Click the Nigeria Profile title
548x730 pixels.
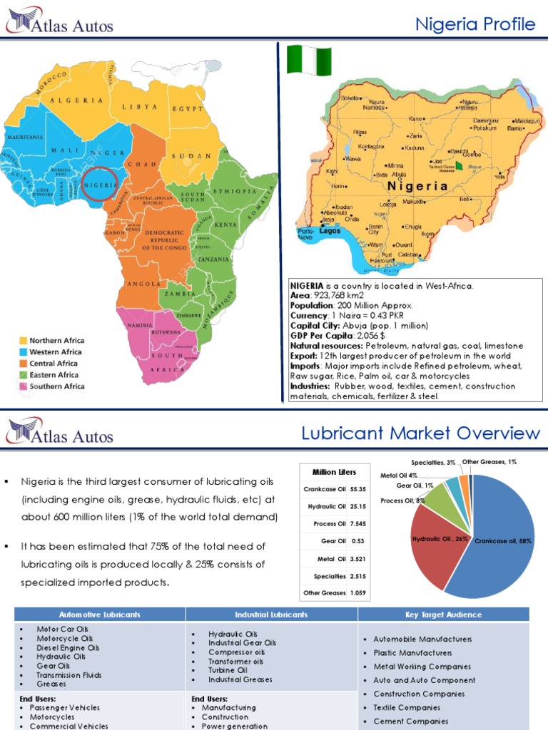tap(475, 25)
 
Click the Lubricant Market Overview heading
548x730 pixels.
tap(420, 433)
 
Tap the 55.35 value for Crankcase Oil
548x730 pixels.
tap(357, 490)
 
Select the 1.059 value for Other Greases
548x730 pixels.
tap(357, 592)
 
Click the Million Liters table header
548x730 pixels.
tap(334, 472)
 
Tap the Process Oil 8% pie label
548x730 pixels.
tap(403, 500)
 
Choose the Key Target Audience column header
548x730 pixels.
tap(443, 615)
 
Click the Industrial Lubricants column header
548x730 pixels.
tap(271, 615)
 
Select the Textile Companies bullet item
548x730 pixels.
tap(407, 708)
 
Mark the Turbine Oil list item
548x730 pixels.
tap(228, 670)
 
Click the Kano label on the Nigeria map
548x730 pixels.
tap(417, 118)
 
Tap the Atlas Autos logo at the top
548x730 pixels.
tap(60, 26)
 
